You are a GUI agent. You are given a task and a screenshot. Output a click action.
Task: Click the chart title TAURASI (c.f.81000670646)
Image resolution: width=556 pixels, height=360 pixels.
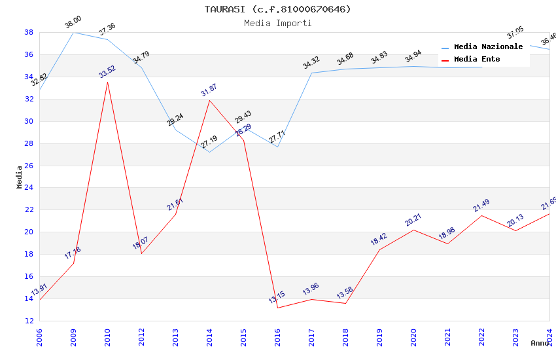[x=278, y=9]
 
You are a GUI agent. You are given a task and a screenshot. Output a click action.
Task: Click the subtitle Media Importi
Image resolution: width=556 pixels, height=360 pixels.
[x=278, y=23]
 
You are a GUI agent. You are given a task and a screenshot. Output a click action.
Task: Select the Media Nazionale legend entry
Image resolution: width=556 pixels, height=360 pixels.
[x=488, y=46]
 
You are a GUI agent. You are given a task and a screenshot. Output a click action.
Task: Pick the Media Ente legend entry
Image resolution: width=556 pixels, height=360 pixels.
[x=477, y=59]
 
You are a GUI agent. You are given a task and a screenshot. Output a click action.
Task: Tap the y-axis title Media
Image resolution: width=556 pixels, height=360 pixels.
[x=20, y=177]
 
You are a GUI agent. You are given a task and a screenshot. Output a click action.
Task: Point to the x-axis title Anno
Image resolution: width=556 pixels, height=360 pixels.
[x=540, y=343]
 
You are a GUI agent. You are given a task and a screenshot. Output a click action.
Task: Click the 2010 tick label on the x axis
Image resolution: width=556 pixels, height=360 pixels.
[x=107, y=336]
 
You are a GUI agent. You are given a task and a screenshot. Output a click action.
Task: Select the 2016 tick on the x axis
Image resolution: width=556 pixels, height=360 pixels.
[x=277, y=336]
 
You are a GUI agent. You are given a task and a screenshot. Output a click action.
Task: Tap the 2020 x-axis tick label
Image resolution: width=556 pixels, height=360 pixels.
[x=413, y=336]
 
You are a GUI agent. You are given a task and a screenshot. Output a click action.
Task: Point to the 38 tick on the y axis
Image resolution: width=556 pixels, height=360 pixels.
[x=29, y=32]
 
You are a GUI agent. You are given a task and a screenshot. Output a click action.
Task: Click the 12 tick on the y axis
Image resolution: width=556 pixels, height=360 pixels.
[x=29, y=321]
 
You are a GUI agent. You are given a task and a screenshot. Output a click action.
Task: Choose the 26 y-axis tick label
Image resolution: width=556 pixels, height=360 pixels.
[x=29, y=166]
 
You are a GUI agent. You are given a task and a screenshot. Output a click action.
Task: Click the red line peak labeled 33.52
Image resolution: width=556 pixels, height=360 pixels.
[x=107, y=82]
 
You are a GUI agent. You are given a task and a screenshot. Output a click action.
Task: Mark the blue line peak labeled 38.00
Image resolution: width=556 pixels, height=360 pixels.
[x=73, y=32]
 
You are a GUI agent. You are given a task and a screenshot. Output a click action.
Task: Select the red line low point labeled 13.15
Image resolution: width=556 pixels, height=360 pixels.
[x=277, y=308]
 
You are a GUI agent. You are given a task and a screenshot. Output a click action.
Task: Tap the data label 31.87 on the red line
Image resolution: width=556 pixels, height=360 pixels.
[x=209, y=90]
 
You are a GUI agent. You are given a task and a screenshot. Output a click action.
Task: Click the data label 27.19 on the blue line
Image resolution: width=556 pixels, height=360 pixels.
[x=209, y=142]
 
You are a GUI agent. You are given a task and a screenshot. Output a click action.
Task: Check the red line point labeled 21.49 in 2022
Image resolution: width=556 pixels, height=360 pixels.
[x=481, y=215]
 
